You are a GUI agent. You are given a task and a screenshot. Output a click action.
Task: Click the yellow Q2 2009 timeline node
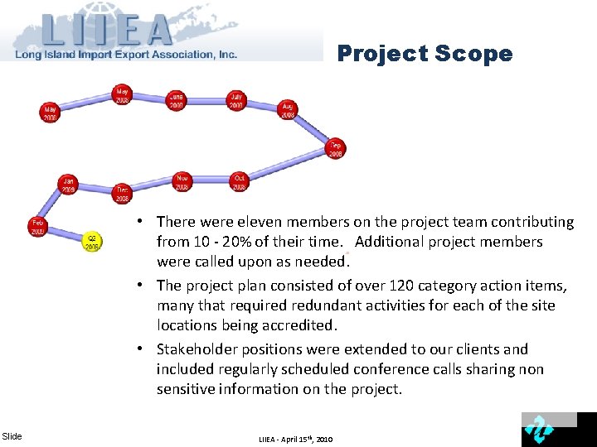92,241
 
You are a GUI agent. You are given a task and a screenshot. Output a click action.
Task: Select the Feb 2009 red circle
38,226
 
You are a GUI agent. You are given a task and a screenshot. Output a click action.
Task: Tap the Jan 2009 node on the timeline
68,184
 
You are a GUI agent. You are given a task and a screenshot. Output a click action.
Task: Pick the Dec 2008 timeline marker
122,194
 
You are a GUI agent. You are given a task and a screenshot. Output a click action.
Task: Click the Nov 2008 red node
182,181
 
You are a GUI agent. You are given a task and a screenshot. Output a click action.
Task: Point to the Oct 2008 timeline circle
240,181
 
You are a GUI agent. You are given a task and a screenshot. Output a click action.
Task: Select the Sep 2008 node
335,149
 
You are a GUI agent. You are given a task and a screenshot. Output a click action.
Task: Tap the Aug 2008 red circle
288,110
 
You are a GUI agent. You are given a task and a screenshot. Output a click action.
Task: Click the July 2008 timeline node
237,100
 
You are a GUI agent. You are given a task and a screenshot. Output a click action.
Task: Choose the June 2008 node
176,100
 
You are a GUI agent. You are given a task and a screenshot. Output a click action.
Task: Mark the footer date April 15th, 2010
308,439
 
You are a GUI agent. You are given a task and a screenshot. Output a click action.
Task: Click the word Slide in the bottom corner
12,436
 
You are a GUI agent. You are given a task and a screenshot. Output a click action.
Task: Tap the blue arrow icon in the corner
539,430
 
